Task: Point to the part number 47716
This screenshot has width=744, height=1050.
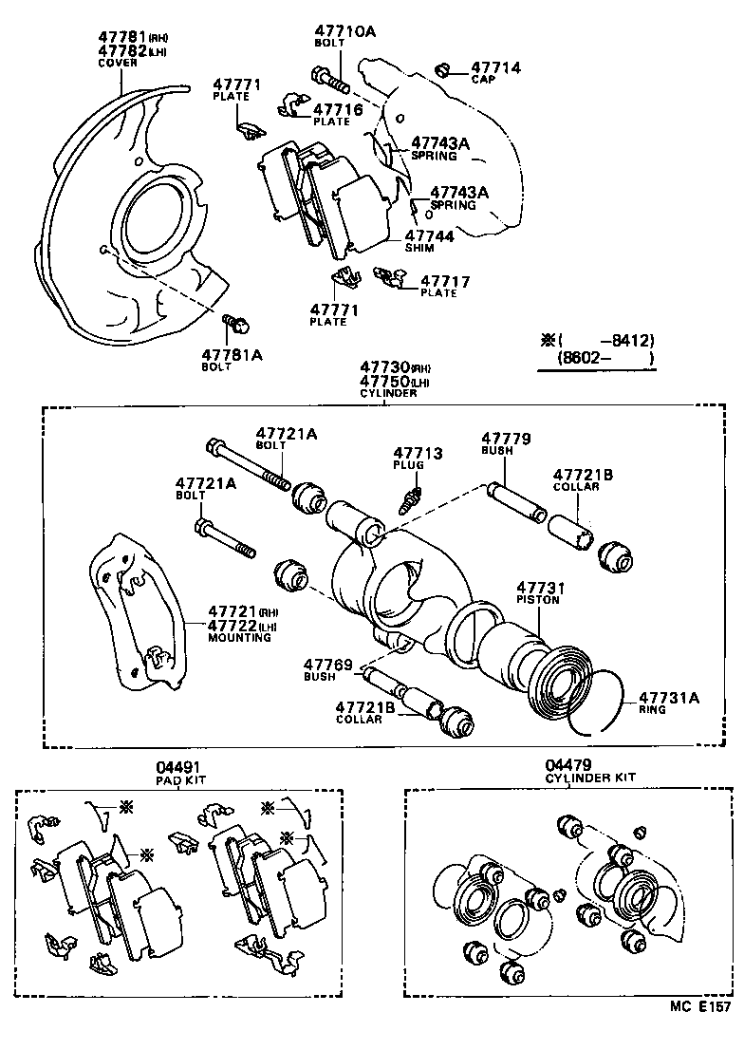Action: coord(338,110)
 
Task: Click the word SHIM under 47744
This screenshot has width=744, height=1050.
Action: coord(419,248)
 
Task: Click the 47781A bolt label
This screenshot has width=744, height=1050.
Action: coord(232,354)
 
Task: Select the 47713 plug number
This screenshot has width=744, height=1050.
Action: coord(418,454)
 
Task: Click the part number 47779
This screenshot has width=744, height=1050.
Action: coord(506,439)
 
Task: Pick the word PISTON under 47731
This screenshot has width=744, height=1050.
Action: coord(538,600)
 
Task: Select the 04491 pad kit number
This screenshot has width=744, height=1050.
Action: coord(179,766)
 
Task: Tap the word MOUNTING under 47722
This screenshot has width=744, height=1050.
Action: coord(239,638)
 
